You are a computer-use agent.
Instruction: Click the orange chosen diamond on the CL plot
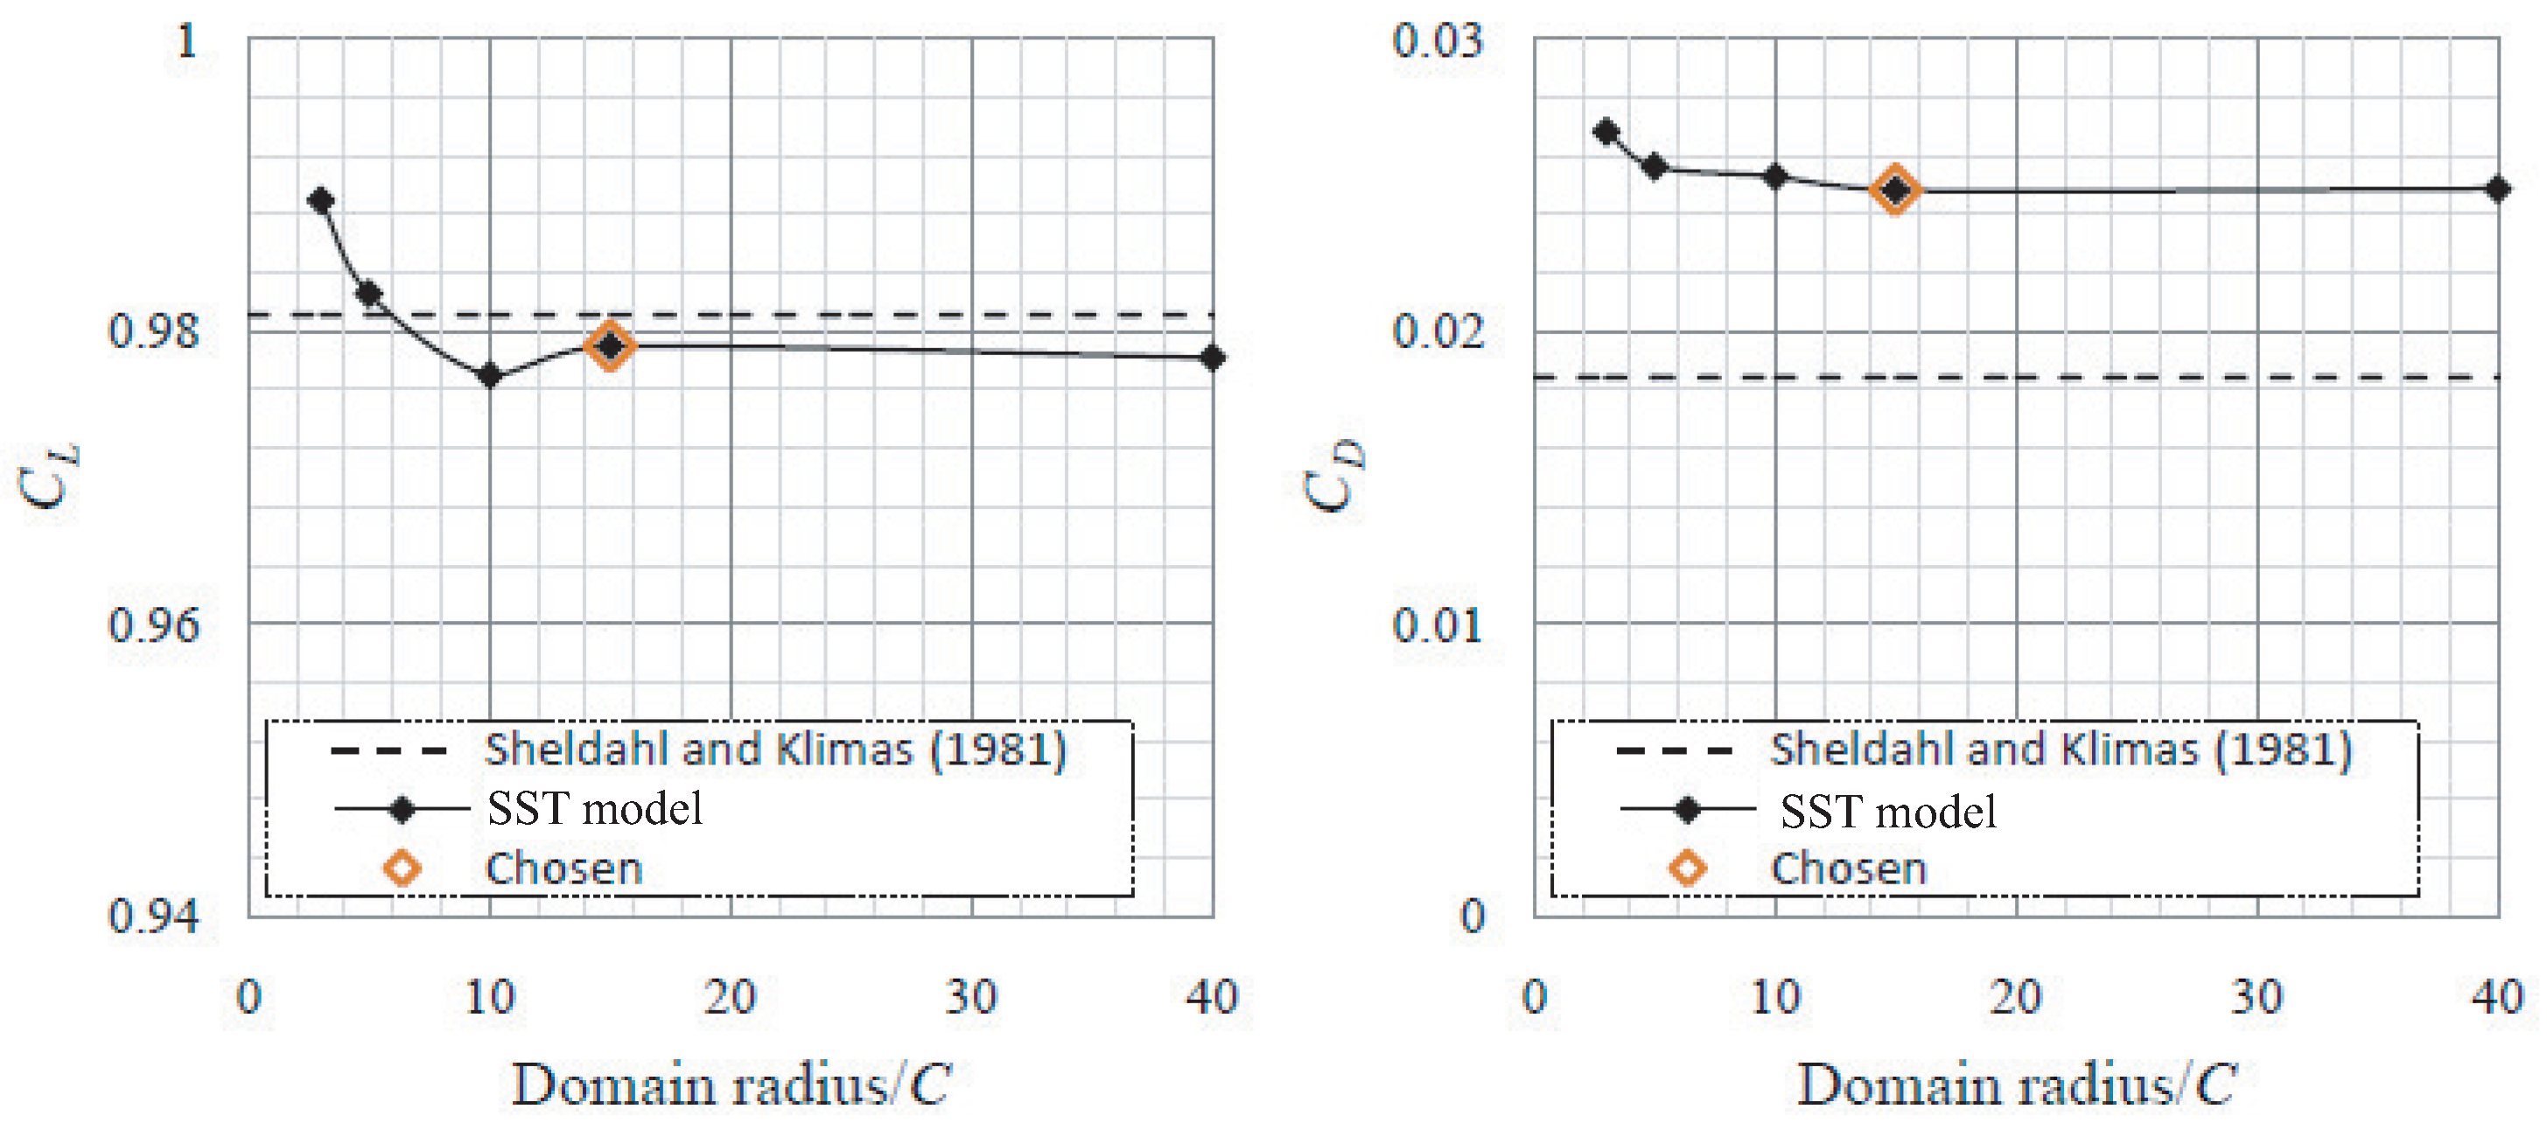tap(610, 346)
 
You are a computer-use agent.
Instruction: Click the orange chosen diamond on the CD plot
tap(1895, 190)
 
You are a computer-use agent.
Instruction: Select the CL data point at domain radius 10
tap(489, 376)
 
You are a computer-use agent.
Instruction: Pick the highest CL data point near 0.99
tap(320, 200)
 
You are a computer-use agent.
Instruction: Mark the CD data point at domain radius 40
tap(2497, 189)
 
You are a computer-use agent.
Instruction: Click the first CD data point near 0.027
tap(1606, 131)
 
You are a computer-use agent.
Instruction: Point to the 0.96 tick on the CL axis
tap(153, 624)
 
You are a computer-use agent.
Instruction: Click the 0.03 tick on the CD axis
tap(1438, 41)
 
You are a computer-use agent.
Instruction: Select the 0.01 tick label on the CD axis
tap(1438, 624)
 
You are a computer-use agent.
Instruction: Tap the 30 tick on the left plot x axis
tap(971, 996)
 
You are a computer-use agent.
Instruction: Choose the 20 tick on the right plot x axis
tap(2016, 996)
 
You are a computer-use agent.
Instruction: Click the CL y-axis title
tap(47, 477)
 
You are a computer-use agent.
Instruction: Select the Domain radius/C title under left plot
tap(731, 1085)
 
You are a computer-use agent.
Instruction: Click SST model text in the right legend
tap(1887, 812)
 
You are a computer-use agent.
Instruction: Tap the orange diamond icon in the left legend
tap(402, 868)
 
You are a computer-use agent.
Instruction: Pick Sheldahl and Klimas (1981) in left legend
tap(775, 750)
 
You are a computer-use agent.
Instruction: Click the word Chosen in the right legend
tap(1849, 868)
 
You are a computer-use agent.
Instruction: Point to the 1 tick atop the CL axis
tap(185, 41)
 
